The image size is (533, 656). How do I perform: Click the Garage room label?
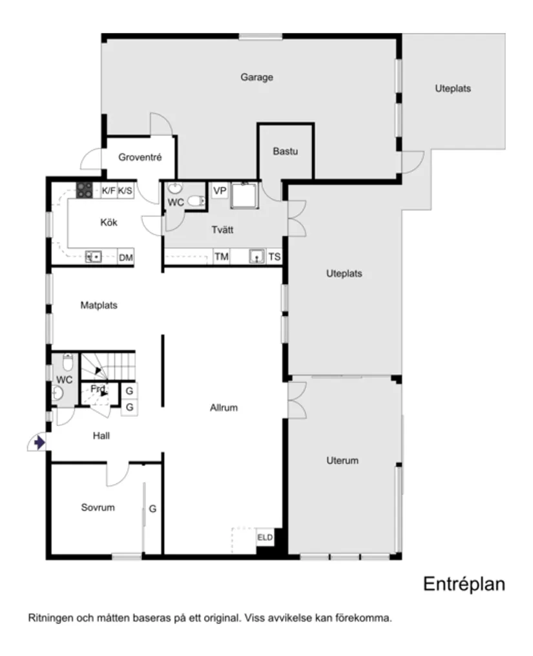point(256,78)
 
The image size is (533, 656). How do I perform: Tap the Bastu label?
point(285,152)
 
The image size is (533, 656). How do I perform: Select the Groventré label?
point(140,157)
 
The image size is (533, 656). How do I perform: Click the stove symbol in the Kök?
point(85,190)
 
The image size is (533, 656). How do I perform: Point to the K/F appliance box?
point(109,191)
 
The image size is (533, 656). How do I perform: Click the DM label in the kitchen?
point(126,258)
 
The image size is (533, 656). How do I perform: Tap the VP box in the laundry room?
point(220,191)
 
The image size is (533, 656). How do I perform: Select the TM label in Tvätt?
point(222,257)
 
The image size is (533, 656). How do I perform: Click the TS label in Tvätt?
point(275,257)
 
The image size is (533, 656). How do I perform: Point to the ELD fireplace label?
point(265,537)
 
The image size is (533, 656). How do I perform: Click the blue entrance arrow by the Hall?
point(39,443)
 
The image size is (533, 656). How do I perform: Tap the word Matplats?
point(99,305)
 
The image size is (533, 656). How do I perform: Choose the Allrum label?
point(224,408)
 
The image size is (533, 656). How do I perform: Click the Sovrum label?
point(98,507)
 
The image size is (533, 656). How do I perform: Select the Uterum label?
point(342,461)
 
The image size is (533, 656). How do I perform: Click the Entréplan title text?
point(463,584)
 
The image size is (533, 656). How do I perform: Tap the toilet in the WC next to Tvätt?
point(195,201)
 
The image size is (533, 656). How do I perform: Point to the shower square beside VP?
point(245,196)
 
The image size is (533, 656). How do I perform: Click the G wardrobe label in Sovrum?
point(152,509)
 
